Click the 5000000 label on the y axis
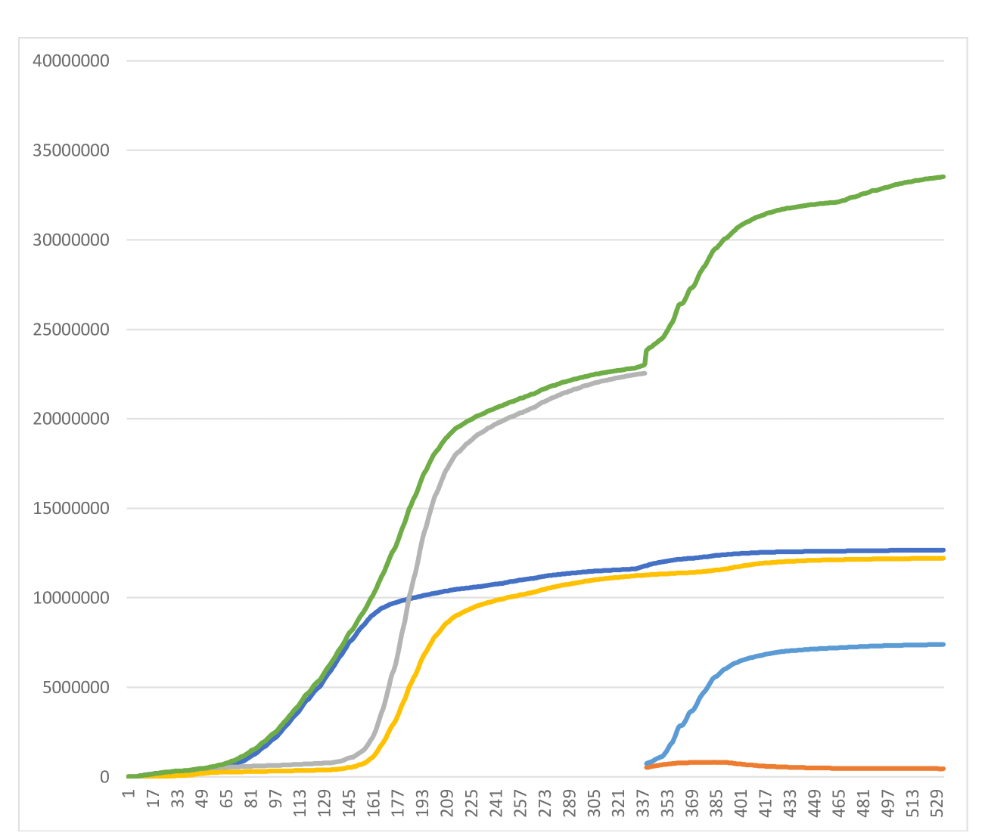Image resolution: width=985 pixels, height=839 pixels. (x=76, y=688)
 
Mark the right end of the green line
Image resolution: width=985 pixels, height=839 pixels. (x=944, y=177)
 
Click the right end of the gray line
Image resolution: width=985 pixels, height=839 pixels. (x=645, y=373)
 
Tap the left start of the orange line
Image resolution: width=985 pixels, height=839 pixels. (x=646, y=767)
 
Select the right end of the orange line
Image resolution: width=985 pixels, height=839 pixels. (x=944, y=769)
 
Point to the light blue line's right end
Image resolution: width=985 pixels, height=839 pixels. (x=944, y=644)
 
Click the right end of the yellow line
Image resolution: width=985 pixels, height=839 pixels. (x=944, y=558)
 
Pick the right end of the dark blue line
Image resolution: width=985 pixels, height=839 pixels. (x=944, y=550)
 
